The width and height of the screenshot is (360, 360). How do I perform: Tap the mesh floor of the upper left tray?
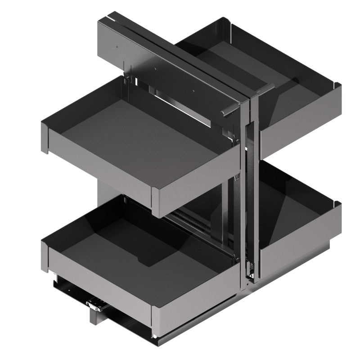[135, 135]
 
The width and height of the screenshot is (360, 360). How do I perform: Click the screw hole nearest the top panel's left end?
[117, 46]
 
